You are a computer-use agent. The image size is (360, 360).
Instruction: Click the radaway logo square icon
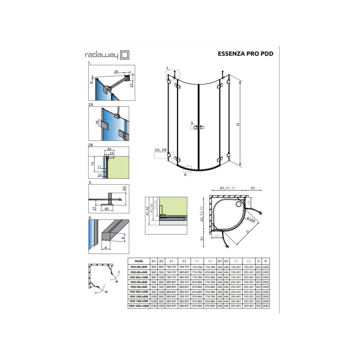(125, 55)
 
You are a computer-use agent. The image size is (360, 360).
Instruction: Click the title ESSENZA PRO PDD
(245, 54)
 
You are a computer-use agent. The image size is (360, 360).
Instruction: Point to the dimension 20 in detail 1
(116, 72)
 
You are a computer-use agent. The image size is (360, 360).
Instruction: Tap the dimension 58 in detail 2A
(97, 123)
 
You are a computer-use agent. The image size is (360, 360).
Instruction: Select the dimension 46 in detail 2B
(109, 149)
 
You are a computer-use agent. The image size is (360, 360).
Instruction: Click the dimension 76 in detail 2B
(92, 164)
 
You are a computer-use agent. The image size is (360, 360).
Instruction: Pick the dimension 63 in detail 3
(124, 188)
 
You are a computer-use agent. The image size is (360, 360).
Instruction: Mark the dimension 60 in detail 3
(107, 209)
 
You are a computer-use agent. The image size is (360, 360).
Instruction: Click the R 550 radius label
(251, 220)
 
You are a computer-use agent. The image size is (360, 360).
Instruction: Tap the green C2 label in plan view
(249, 203)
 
